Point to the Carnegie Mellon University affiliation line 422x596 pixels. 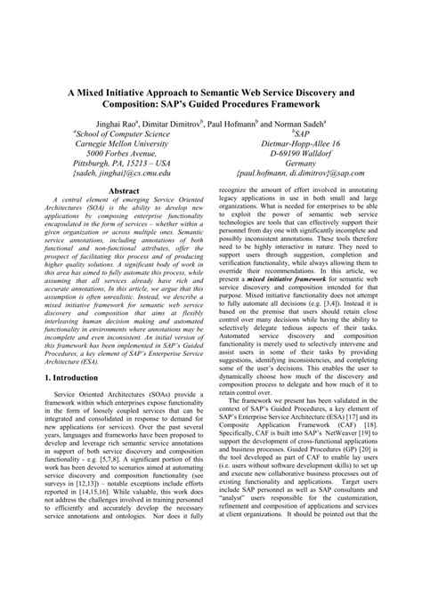121,141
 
